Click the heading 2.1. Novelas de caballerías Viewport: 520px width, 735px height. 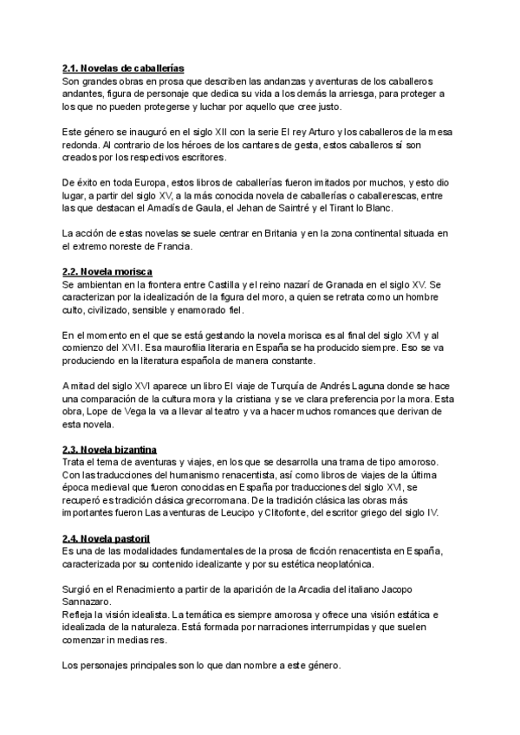pos(122,68)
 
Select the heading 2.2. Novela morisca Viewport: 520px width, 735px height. pos(107,271)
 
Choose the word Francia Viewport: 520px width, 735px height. pos(172,246)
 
